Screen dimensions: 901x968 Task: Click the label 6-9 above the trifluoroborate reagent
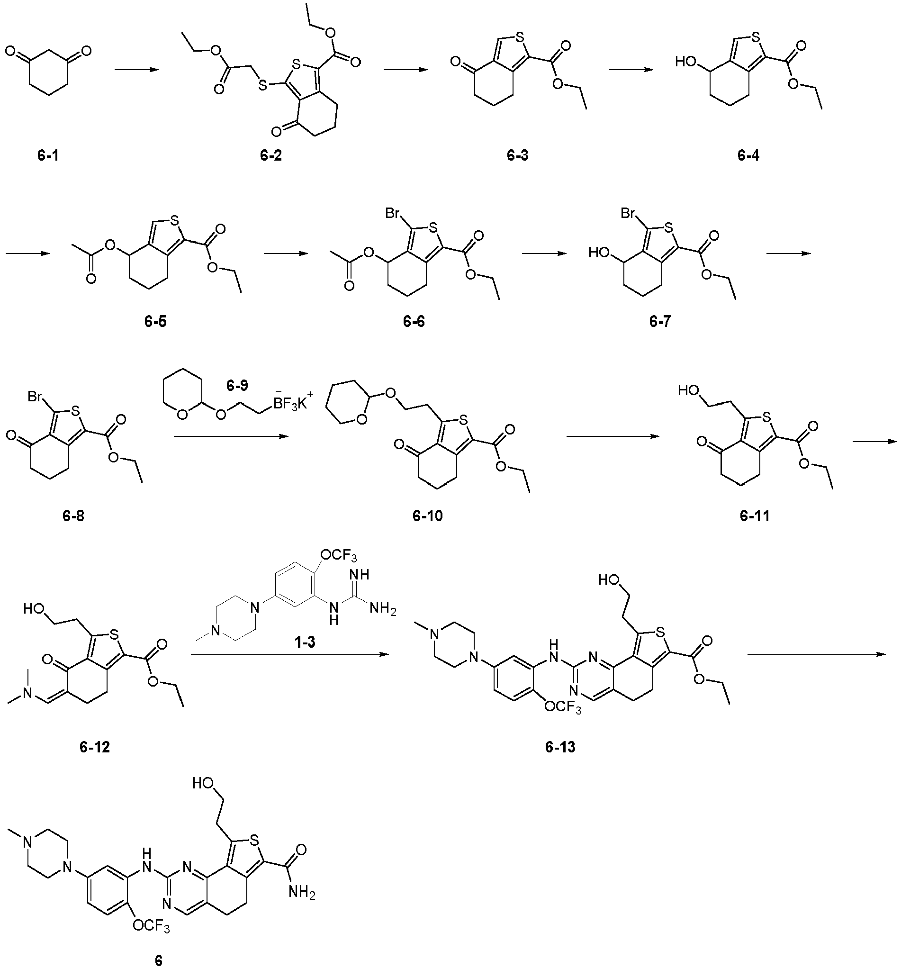pos(237,386)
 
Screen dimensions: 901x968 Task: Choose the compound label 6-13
pos(560,746)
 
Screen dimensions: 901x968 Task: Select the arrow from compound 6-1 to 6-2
pos(137,70)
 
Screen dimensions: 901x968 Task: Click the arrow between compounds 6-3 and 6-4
pos(631,70)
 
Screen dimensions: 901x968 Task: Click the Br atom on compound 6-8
pos(35,397)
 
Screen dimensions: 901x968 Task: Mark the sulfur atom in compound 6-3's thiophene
pos(519,37)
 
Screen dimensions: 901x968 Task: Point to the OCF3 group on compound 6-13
pos(562,706)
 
